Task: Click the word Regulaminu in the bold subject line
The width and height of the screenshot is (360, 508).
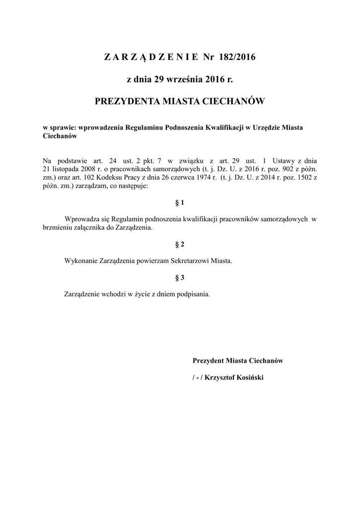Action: click(x=148, y=127)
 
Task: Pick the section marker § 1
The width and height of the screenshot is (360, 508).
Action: click(x=180, y=203)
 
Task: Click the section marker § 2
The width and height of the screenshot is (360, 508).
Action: click(x=180, y=245)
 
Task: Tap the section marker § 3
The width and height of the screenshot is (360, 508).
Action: click(x=180, y=277)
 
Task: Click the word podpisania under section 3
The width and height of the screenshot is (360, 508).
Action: click(x=194, y=293)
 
